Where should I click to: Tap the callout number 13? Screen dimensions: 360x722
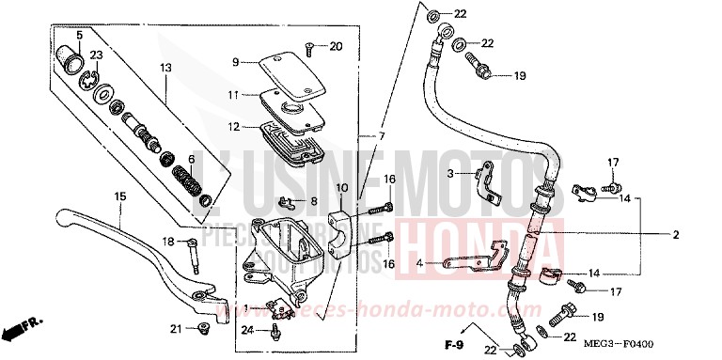tap(165, 67)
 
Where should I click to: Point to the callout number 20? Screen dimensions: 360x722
tap(337, 46)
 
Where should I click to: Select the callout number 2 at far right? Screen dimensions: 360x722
tap(700, 236)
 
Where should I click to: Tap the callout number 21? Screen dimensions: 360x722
tap(174, 328)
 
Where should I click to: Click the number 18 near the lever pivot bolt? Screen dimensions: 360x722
tap(169, 242)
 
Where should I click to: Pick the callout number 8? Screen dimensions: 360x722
tap(314, 200)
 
